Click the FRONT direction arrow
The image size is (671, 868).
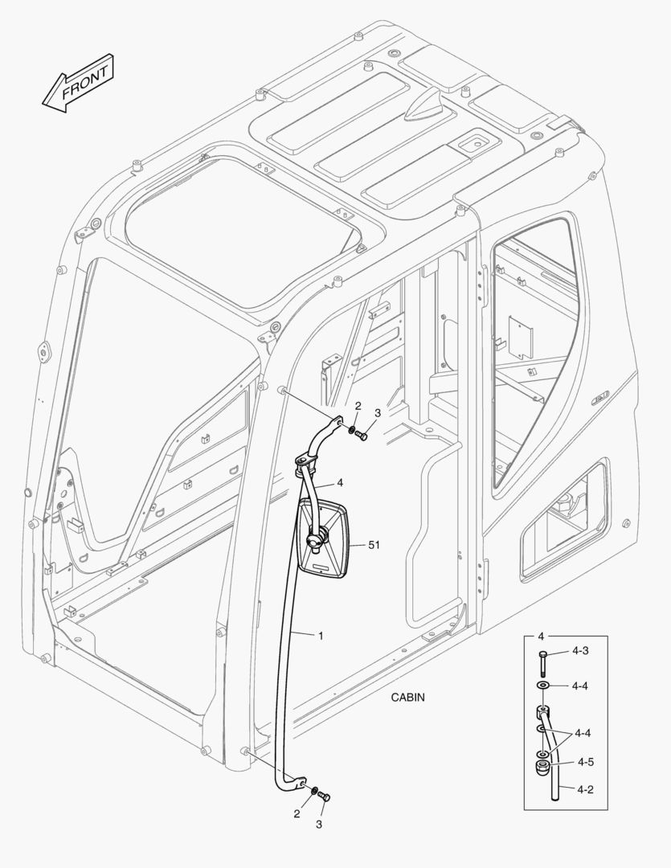click(76, 83)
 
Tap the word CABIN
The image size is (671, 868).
click(407, 698)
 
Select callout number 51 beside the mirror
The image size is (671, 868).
click(374, 545)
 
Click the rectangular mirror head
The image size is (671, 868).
click(325, 538)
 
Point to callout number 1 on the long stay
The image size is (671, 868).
click(321, 636)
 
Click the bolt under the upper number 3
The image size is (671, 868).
click(361, 436)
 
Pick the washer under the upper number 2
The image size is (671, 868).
click(353, 431)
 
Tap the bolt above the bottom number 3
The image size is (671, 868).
click(324, 796)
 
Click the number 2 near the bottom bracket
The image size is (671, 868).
click(297, 814)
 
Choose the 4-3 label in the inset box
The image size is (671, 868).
click(580, 650)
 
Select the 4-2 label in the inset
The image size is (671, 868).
click(584, 790)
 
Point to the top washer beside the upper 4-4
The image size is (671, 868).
click(544, 685)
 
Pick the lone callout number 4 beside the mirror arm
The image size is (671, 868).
click(340, 483)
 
